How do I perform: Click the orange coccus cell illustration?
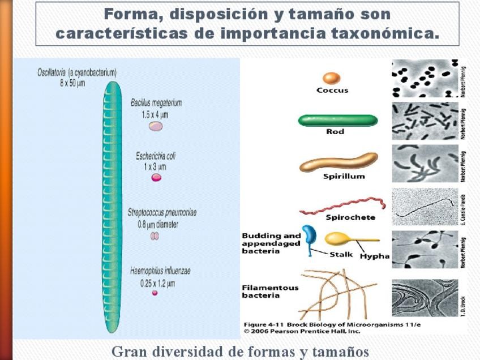[332, 78]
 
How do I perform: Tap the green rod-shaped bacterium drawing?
[337, 120]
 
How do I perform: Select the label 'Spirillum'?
[344, 176]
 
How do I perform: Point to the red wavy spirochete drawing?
[342, 206]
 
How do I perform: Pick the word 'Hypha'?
[375, 256]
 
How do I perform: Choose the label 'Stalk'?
[341, 255]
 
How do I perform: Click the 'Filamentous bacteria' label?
[269, 292]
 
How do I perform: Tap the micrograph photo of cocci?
[425, 78]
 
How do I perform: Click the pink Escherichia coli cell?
[156, 177]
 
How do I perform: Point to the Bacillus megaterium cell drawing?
[155, 126]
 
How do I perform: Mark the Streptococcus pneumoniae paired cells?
[155, 236]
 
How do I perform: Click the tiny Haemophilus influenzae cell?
[155, 293]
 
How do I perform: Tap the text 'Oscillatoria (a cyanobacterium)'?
[77, 72]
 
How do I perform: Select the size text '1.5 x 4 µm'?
[155, 114]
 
